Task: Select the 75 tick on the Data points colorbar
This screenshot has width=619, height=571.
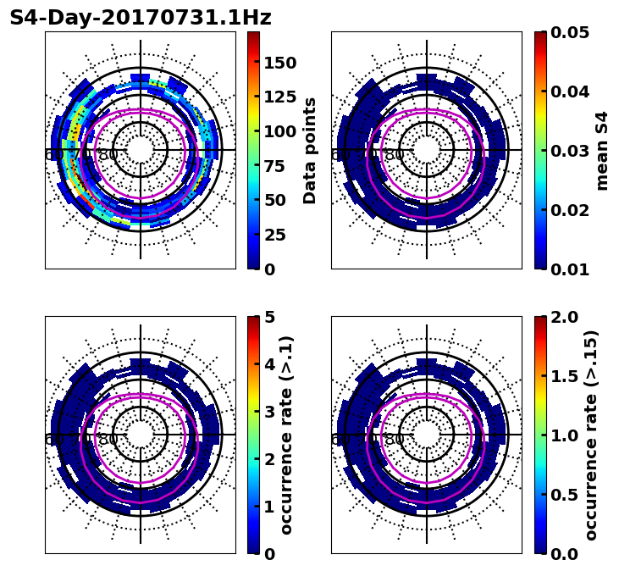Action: [x=280, y=166]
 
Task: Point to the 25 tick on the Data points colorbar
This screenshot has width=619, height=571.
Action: [x=280, y=235]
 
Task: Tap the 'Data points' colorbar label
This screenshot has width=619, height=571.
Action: [x=310, y=150]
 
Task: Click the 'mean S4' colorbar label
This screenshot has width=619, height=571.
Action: [x=602, y=150]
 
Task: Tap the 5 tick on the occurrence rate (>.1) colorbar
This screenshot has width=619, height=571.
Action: [x=270, y=317]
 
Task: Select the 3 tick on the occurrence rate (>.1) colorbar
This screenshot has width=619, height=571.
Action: [x=270, y=412]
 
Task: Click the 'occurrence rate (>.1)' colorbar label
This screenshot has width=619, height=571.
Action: [x=286, y=435]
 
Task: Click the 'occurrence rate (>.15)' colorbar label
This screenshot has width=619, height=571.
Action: [x=591, y=435]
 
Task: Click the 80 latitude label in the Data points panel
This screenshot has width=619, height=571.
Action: [x=108, y=155]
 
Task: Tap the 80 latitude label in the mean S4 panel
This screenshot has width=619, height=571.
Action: [x=395, y=155]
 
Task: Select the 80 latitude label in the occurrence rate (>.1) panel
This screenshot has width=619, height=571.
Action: [x=108, y=440]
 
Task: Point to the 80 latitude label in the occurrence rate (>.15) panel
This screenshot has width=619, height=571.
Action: [x=395, y=440]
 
